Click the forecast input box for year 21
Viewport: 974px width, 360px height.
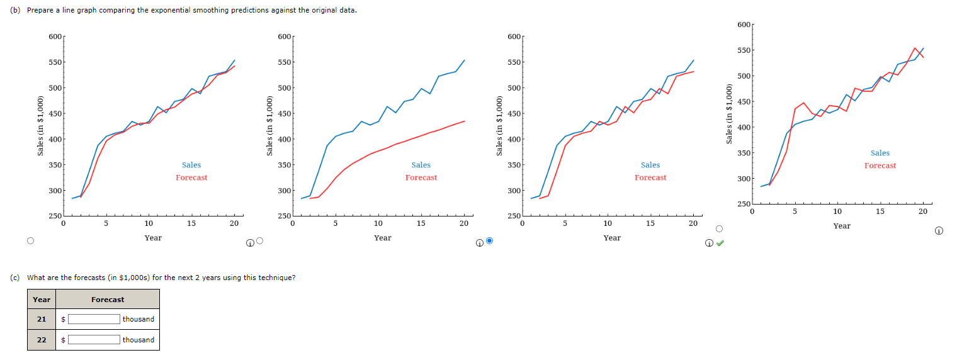tap(94, 319)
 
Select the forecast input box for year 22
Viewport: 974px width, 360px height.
tap(94, 340)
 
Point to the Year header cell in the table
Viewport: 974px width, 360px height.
tap(42, 300)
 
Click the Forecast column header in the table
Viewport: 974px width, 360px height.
tap(108, 300)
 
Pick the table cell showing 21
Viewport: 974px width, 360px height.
tap(42, 319)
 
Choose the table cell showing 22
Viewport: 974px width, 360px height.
tap(42, 340)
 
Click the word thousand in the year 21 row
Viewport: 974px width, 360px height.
tap(139, 319)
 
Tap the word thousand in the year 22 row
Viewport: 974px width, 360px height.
tap(139, 340)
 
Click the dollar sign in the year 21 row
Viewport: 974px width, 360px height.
tap(64, 320)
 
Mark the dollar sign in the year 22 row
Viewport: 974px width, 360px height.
tap(64, 340)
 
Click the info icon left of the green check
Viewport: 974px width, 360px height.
tap(709, 243)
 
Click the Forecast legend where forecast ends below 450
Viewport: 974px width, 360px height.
tap(421, 177)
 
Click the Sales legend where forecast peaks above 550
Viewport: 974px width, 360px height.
tap(880, 153)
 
